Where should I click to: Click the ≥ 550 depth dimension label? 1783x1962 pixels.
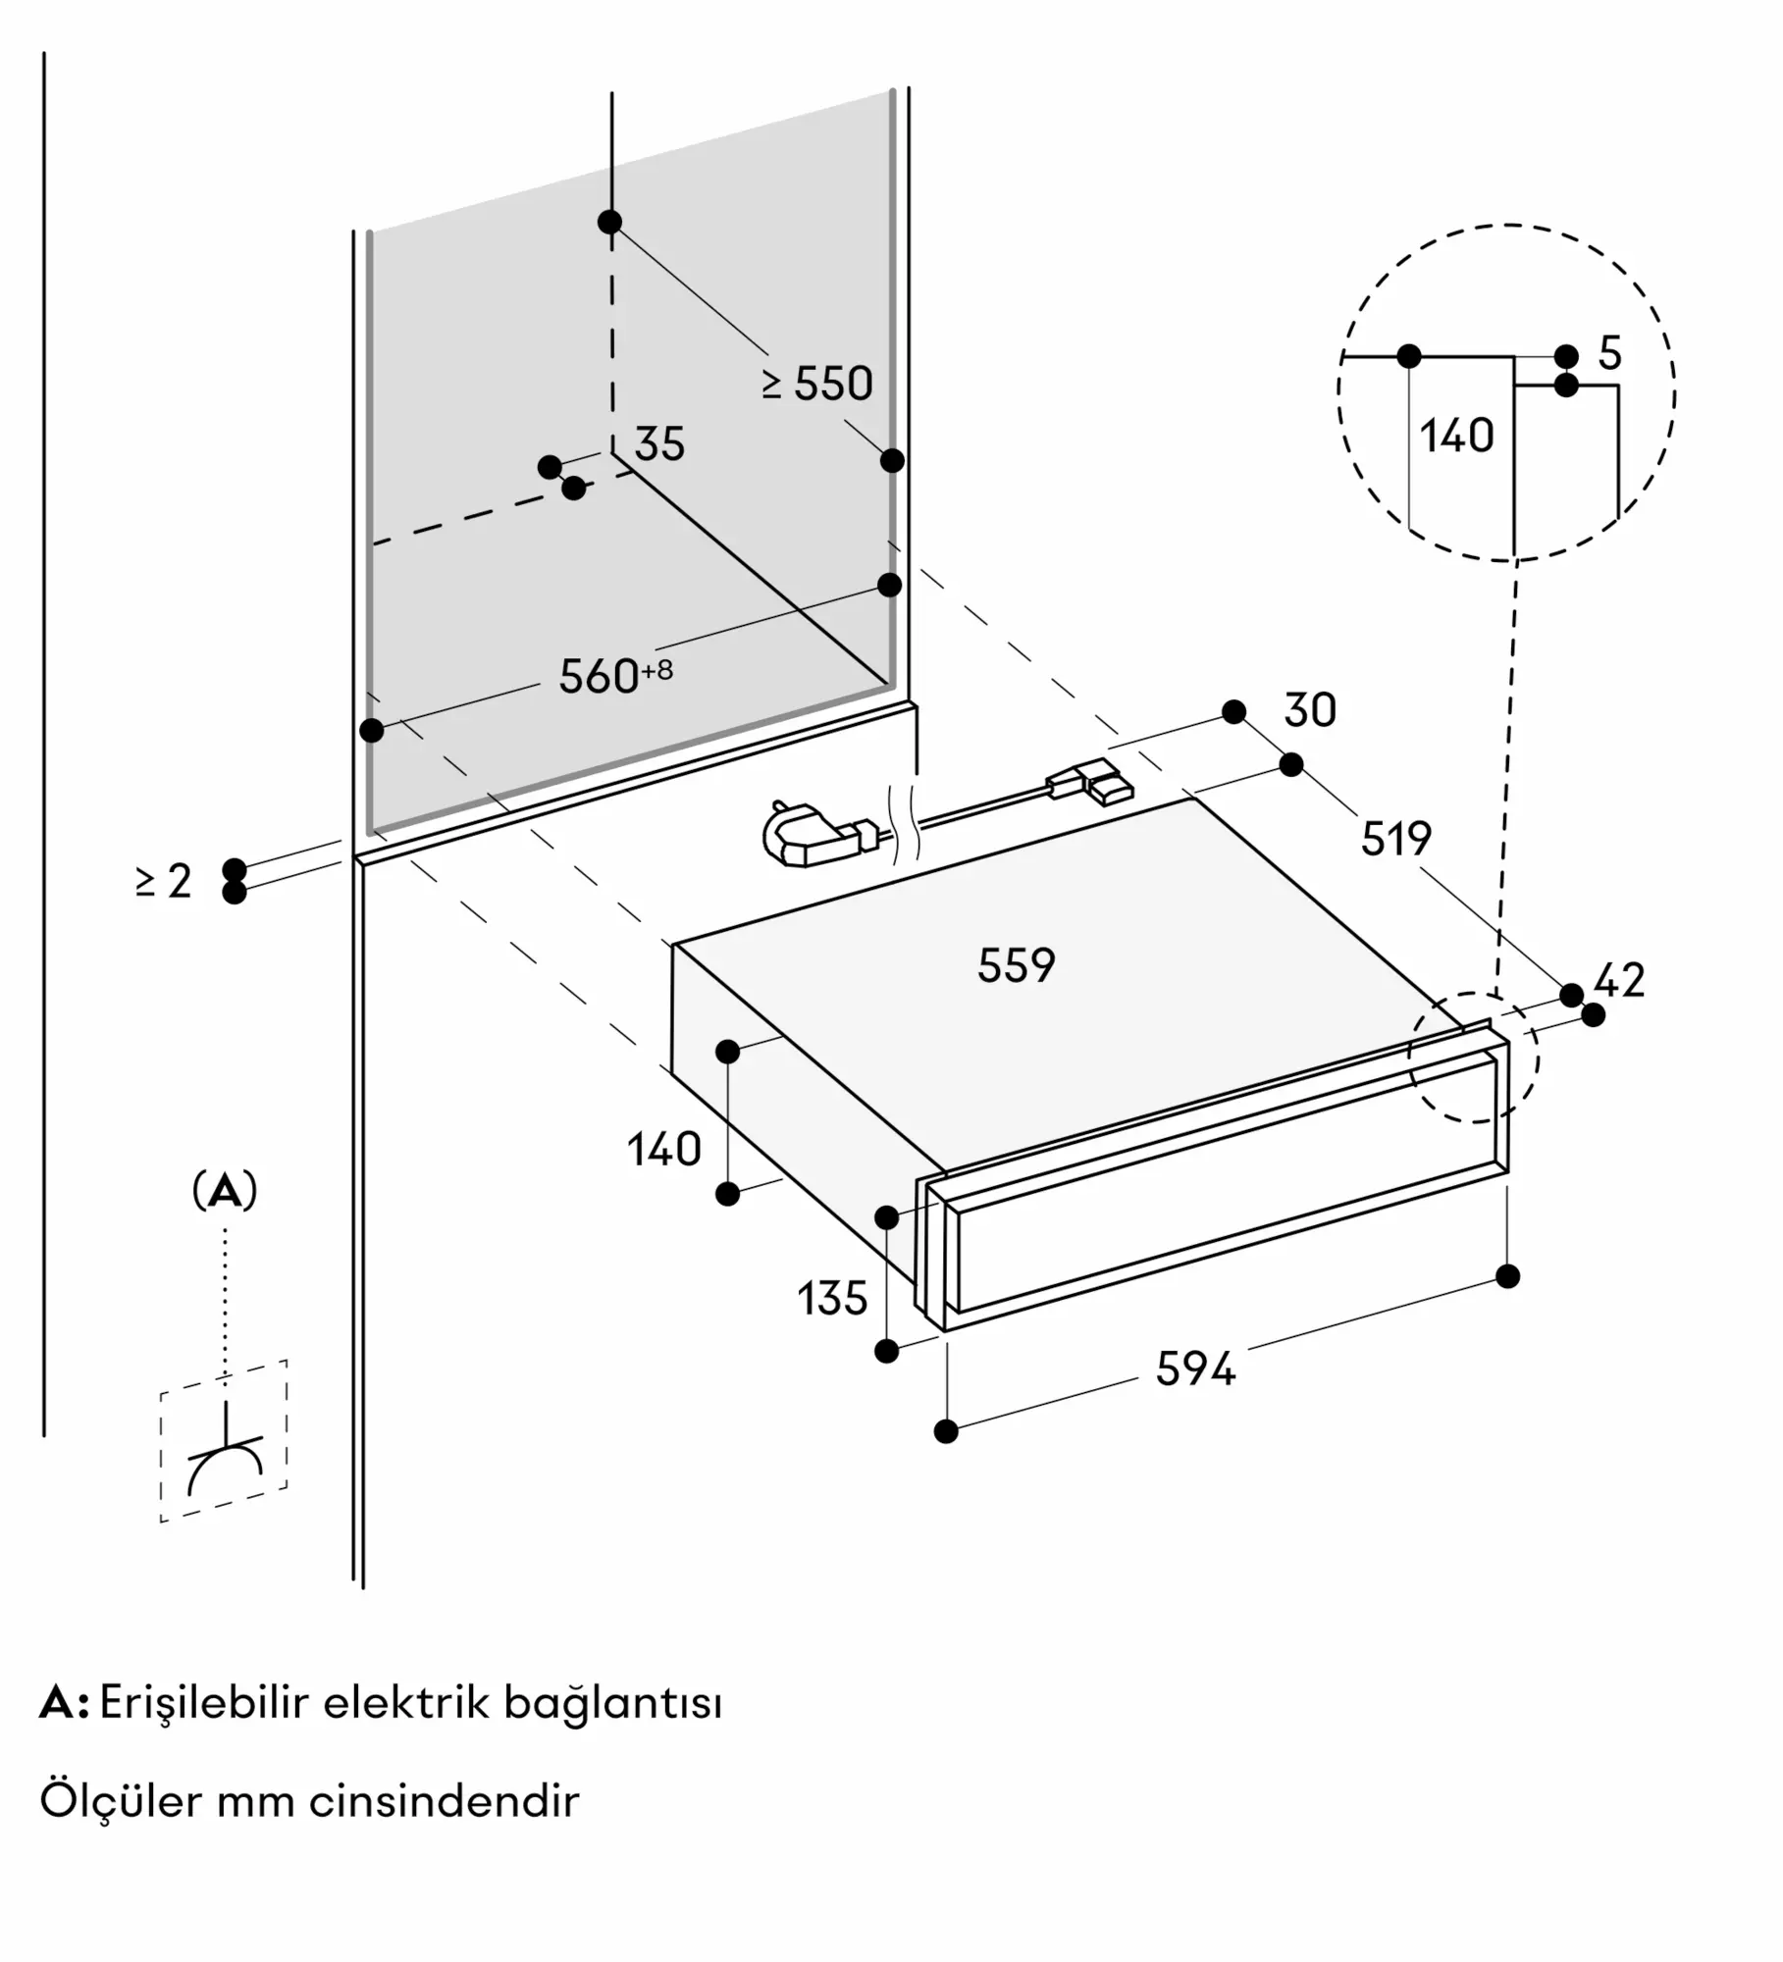coord(816,384)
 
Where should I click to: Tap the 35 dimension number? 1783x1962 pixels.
coord(659,444)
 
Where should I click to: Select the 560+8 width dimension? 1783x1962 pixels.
coord(616,676)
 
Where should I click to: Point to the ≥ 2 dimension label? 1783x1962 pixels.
coord(164,881)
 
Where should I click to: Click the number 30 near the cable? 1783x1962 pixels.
coord(1310,710)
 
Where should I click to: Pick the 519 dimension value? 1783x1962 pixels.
coord(1396,839)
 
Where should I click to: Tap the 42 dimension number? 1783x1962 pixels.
coord(1619,980)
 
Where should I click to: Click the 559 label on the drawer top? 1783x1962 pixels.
coord(1017,965)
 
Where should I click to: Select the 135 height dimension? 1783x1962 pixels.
coord(832,1299)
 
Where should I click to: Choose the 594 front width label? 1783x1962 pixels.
coord(1195,1368)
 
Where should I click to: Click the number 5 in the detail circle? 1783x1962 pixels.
coord(1609,353)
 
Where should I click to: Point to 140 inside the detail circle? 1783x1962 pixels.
coord(1457,436)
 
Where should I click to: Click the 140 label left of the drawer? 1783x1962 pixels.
coord(664,1149)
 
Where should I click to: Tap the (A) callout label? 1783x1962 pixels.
coord(225,1190)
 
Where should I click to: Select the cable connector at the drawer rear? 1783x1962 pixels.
coord(1090,784)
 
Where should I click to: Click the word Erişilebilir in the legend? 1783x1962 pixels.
coord(205,1704)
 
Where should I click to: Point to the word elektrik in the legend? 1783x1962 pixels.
coord(406,1703)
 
